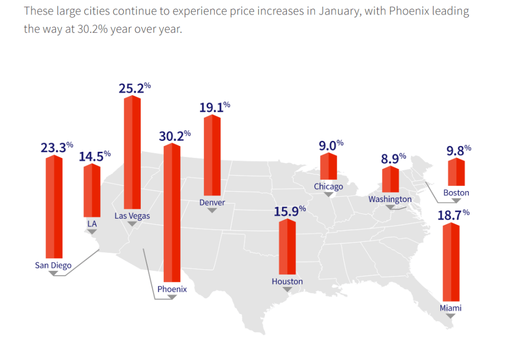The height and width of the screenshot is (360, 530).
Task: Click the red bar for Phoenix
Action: pos(172,212)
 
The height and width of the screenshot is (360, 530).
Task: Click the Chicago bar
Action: pos(328,166)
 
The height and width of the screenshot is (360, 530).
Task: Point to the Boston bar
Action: pos(456,172)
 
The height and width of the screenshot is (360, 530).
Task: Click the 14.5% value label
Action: pos(94,156)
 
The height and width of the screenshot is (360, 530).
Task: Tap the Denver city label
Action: pos(212,203)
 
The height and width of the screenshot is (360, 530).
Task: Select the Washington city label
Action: pos(390,199)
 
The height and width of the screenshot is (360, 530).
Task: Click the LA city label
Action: pos(92,223)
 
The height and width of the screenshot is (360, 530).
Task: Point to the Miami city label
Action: pos(451,308)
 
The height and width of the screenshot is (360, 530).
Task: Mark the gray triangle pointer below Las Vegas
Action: pos(132,224)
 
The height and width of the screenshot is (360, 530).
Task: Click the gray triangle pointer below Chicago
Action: pos(328,194)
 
